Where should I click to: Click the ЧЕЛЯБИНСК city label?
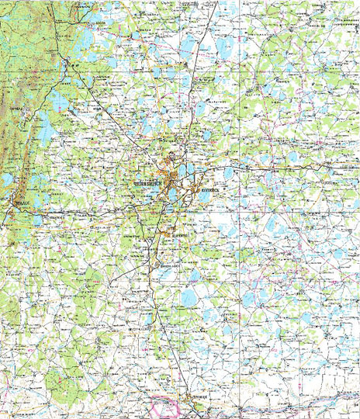[146, 182]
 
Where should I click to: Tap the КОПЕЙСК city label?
[210, 189]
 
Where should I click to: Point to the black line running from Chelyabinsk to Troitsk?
[159, 310]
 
